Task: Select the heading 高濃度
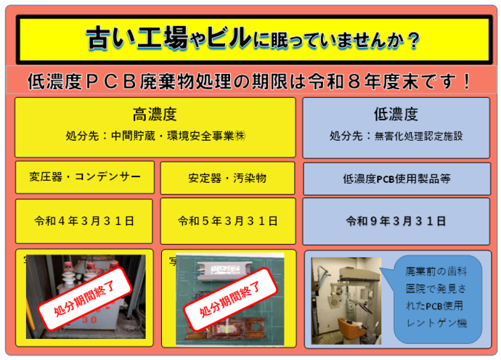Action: click(155, 114)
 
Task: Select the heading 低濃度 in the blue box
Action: click(396, 114)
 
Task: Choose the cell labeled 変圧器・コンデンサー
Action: click(83, 177)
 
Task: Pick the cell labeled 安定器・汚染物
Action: click(227, 177)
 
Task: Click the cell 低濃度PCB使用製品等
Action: click(396, 178)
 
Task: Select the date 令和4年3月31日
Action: click(83, 221)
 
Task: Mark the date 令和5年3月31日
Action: click(227, 221)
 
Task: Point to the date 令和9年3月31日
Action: click(396, 221)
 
